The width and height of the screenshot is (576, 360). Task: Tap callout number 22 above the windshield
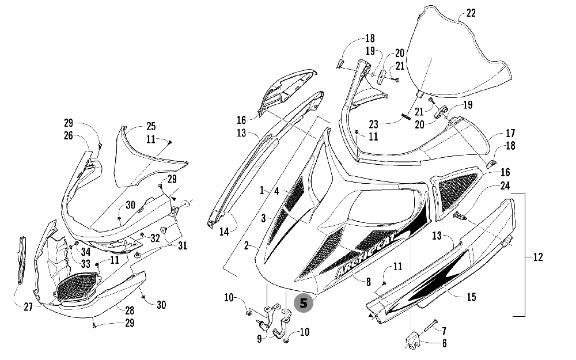click(x=471, y=13)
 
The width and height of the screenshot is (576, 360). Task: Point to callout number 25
click(x=150, y=126)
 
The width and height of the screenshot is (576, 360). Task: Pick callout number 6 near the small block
click(x=444, y=344)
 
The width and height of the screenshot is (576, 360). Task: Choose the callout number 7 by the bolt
click(x=444, y=330)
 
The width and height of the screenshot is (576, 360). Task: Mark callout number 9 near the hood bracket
click(x=259, y=339)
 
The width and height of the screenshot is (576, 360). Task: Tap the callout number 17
click(x=510, y=132)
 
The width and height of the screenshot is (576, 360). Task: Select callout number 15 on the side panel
click(x=471, y=297)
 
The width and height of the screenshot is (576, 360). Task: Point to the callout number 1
click(x=262, y=190)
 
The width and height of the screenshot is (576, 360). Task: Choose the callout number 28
click(x=130, y=309)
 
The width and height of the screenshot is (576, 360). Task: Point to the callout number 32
click(x=155, y=237)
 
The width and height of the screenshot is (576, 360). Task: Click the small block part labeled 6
click(x=413, y=340)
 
